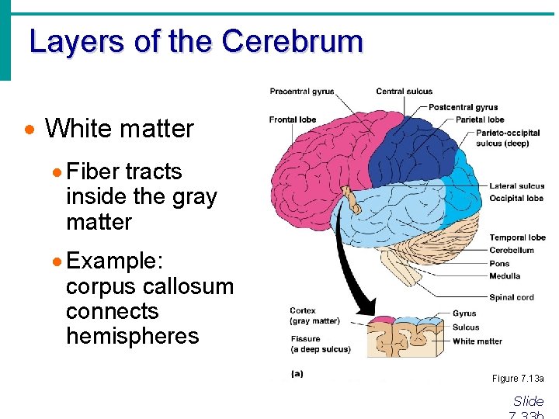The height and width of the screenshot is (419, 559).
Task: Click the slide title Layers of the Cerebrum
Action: [x=196, y=42]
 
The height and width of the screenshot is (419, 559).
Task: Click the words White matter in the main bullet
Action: [x=119, y=129]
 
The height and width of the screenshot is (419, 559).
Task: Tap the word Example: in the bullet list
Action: [x=113, y=261]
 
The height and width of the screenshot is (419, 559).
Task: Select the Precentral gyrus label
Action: [x=302, y=92]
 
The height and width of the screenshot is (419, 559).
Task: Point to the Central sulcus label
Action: [x=404, y=92]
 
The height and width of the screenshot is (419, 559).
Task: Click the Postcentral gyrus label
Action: [x=464, y=107]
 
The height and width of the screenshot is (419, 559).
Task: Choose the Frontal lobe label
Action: [x=293, y=119]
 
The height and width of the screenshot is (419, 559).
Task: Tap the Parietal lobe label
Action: [x=480, y=119]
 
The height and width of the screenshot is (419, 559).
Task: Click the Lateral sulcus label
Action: [x=516, y=186]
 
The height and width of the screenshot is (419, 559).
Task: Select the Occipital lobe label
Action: [x=516, y=199]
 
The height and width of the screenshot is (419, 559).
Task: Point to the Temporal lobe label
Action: [x=517, y=237]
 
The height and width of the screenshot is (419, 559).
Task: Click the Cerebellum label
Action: [x=512, y=250]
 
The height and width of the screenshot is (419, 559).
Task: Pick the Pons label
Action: [x=499, y=264]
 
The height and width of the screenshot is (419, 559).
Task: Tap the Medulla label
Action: [x=505, y=276]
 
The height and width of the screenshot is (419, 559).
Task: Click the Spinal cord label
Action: [x=512, y=297]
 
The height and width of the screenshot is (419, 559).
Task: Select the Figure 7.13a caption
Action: [x=518, y=379]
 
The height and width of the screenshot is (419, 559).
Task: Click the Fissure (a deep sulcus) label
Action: [x=319, y=344]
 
